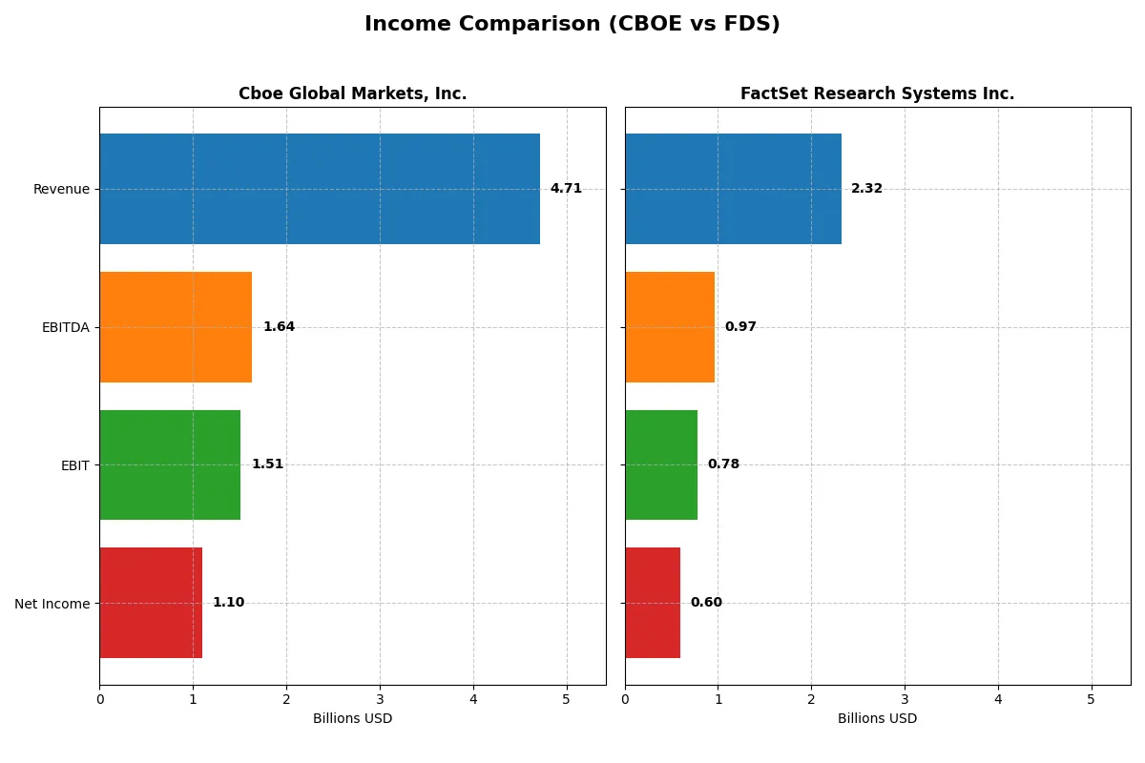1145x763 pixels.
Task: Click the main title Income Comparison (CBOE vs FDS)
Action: tap(572, 24)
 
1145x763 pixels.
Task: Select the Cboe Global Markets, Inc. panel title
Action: tap(352, 93)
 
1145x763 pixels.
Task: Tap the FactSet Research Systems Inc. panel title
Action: tap(877, 93)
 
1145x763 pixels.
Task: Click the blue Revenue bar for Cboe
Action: tap(320, 189)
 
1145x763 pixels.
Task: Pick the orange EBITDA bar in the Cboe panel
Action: tap(176, 327)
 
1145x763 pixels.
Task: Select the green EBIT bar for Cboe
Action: tap(170, 464)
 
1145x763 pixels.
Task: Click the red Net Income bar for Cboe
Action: tap(151, 603)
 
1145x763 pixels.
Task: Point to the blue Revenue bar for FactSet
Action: tap(733, 189)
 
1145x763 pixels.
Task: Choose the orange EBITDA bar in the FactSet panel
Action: tap(670, 327)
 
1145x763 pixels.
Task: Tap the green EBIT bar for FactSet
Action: tap(661, 464)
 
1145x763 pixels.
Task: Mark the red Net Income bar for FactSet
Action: tap(653, 603)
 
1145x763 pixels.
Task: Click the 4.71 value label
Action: tap(566, 189)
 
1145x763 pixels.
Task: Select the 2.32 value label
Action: tap(866, 189)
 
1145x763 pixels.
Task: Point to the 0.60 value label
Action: tap(706, 603)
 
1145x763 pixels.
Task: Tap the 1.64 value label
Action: tap(279, 327)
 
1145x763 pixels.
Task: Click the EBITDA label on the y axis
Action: tap(65, 327)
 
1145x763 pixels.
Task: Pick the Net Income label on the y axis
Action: tap(52, 603)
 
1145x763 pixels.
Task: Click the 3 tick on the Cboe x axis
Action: tap(380, 699)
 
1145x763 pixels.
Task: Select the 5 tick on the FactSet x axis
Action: tap(1092, 699)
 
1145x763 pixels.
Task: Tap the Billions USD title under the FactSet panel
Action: tap(877, 718)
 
